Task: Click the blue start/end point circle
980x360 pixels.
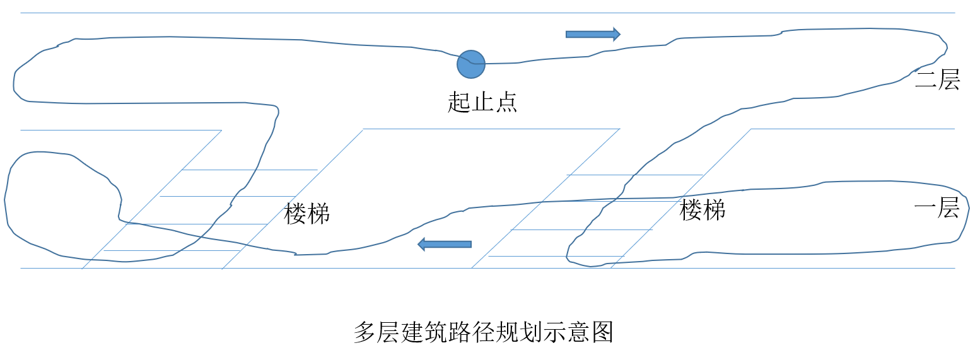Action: coord(470,64)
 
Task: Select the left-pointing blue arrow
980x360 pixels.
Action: coord(445,244)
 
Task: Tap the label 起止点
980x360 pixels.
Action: coord(482,102)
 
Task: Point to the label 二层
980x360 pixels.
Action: coord(937,81)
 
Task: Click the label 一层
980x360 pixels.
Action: coord(936,207)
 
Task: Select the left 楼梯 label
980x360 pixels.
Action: coord(307,214)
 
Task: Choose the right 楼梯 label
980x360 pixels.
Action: coord(703,209)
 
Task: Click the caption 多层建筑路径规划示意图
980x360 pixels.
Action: coord(483,332)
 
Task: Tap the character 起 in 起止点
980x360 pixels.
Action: coord(459,102)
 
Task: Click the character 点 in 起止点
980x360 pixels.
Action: coord(506,102)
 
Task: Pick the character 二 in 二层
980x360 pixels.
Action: coord(926,81)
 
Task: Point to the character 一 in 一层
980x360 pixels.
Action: coord(925,207)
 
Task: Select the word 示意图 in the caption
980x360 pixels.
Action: coord(578,332)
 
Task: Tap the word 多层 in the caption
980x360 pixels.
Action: coord(376,332)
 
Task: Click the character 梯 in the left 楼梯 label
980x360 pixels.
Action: coord(319,214)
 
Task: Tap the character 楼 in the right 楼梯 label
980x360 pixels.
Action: coord(691,209)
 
